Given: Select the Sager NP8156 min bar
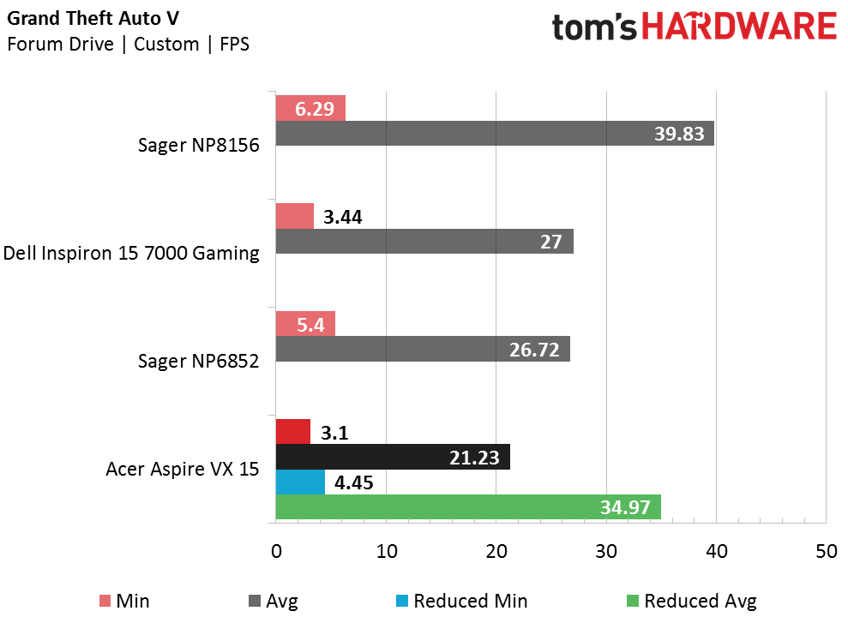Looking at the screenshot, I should [310, 108].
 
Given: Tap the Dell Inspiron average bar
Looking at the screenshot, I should [424, 242].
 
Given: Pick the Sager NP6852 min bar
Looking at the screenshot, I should [305, 324].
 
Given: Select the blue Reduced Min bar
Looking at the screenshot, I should [300, 482].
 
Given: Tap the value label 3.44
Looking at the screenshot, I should [343, 217].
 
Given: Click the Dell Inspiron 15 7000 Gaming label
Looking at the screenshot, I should [131, 253].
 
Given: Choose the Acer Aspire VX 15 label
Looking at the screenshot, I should [183, 469].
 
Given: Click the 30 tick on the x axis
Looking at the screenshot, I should [606, 552].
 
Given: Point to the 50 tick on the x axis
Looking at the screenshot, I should [826, 552].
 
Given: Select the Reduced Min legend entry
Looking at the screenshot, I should [470, 601].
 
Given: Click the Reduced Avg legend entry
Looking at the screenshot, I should [700, 601].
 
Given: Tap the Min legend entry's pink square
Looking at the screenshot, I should [105, 601].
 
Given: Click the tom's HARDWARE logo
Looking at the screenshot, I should [694, 27].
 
